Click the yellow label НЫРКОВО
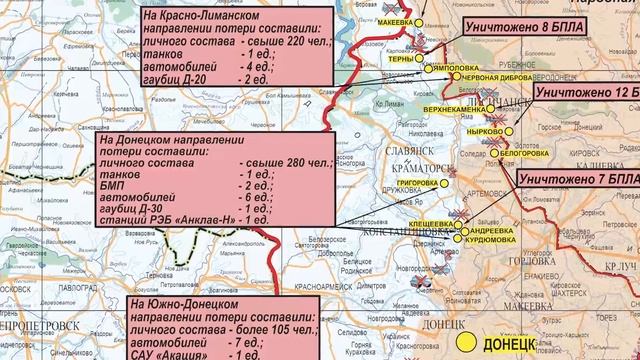coord(487,131)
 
